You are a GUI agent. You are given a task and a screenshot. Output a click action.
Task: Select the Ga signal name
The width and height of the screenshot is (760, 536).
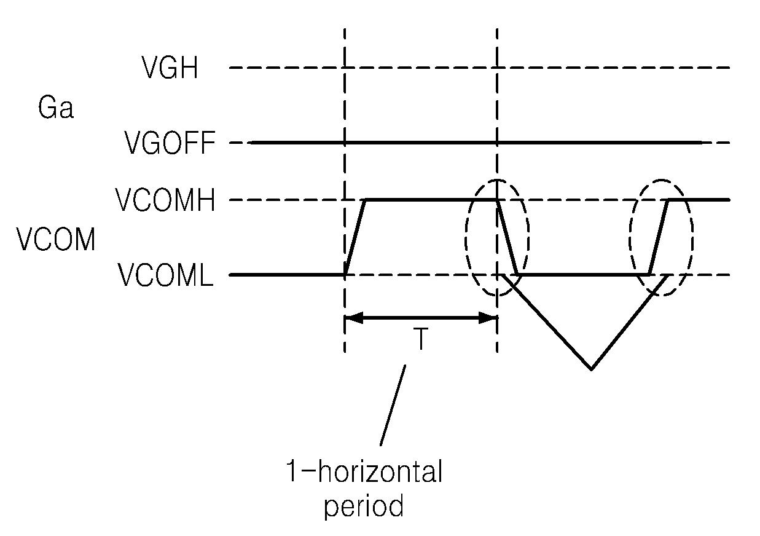pyautogui.click(x=56, y=109)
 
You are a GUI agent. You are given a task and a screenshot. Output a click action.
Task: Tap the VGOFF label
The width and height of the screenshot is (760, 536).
pyautogui.click(x=170, y=144)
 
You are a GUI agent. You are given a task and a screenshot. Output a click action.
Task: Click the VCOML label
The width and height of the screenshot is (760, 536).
pyautogui.click(x=166, y=276)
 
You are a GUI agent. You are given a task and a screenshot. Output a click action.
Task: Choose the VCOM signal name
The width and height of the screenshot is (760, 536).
pyautogui.click(x=56, y=239)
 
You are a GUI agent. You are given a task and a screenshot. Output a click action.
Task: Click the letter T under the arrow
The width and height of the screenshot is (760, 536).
pyautogui.click(x=420, y=339)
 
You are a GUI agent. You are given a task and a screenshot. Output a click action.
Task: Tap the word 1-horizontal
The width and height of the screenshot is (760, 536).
pyautogui.click(x=364, y=473)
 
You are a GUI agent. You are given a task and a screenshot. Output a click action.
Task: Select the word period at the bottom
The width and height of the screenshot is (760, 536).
pyautogui.click(x=364, y=507)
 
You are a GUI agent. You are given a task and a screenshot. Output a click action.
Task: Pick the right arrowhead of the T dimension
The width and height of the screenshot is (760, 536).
pyautogui.click(x=490, y=318)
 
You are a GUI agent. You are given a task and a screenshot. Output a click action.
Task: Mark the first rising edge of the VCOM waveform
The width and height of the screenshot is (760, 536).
pyautogui.click(x=356, y=237)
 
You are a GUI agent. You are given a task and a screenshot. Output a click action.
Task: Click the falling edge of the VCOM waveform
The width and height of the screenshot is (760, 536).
pyautogui.click(x=507, y=237)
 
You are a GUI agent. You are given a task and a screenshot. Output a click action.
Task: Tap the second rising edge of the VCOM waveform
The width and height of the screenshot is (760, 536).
pyautogui.click(x=659, y=237)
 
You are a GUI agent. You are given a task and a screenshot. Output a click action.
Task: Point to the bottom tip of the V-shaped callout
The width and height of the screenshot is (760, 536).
pyautogui.click(x=591, y=369)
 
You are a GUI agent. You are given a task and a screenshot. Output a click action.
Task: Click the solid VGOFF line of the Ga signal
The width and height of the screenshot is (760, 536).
pyautogui.click(x=430, y=143)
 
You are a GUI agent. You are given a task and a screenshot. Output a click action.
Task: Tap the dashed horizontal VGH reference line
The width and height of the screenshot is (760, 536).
pyautogui.click(x=614, y=68)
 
